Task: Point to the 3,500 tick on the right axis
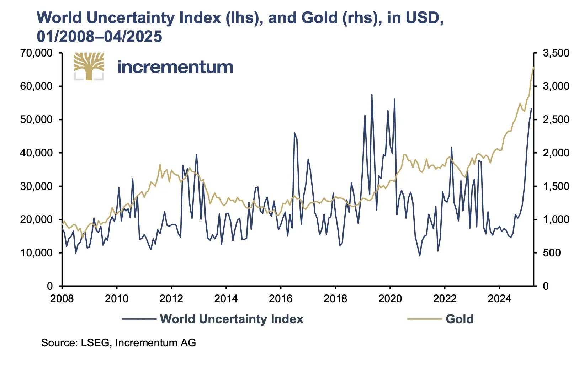[556, 53]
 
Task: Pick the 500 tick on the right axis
[552, 253]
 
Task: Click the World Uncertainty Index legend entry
[232, 319]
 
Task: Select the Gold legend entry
[460, 319]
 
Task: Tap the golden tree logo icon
[89, 67]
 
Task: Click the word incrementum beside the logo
[175, 67]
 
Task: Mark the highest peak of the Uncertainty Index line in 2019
[372, 95]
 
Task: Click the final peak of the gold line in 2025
[533, 67]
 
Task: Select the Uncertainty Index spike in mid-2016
[294, 133]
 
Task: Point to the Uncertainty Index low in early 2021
[420, 256]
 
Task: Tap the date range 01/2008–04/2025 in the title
[100, 36]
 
